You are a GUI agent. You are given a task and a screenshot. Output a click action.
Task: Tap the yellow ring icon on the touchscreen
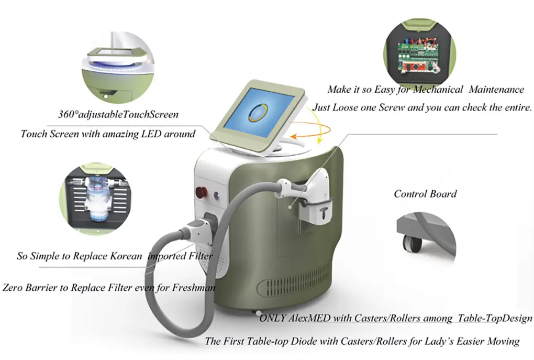pyautogui.click(x=258, y=113)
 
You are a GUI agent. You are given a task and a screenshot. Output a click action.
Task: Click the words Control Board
pyautogui.click(x=425, y=194)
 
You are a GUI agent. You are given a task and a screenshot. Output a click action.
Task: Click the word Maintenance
pyautogui.click(x=496, y=89)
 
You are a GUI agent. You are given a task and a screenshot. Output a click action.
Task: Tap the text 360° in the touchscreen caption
pyautogui.click(x=68, y=114)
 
